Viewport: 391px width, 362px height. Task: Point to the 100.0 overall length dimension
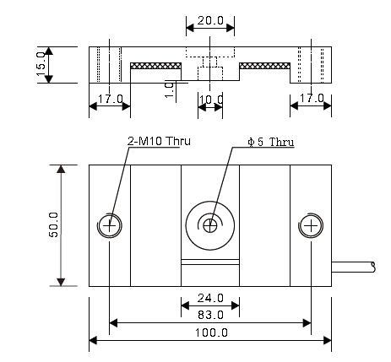pyautogui.click(x=210, y=332)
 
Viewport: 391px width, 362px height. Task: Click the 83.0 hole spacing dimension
pyautogui.click(x=210, y=314)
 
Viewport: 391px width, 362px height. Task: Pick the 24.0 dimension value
pyautogui.click(x=210, y=297)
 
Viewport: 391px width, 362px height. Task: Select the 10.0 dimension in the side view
pyautogui.click(x=210, y=100)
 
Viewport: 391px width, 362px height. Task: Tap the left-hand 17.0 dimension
pyautogui.click(x=110, y=100)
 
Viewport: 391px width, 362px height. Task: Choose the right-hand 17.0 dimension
pyautogui.click(x=311, y=100)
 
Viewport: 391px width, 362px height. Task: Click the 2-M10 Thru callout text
pyautogui.click(x=156, y=141)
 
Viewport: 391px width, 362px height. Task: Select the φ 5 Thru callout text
pyautogui.click(x=270, y=141)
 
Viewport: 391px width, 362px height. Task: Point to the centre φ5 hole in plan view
pyautogui.click(x=210, y=224)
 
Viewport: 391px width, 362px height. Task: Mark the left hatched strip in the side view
pyautogui.click(x=156, y=65)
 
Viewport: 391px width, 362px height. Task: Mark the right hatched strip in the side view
pyautogui.click(x=265, y=65)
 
